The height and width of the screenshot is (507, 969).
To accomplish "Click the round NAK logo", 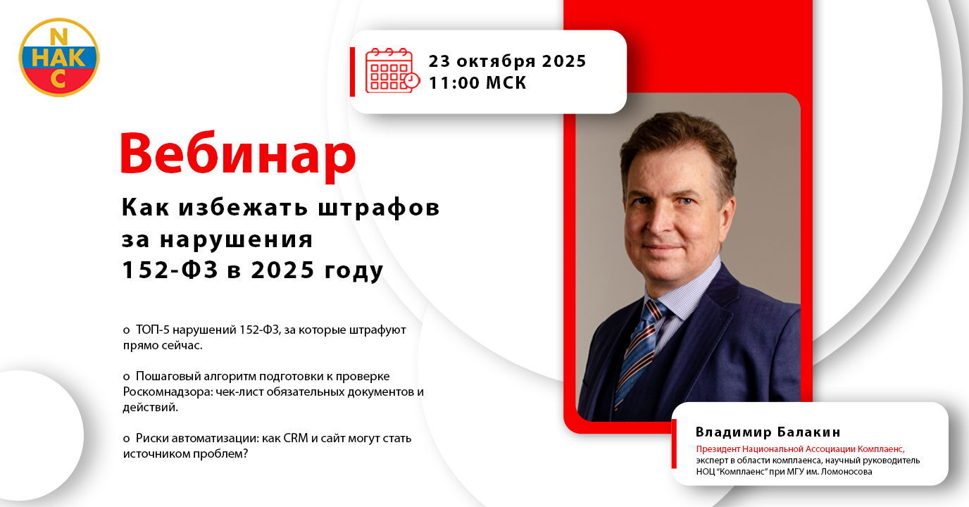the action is [59, 57].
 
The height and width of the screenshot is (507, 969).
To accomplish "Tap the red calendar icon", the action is [392, 70].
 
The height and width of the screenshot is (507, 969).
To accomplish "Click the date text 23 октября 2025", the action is [507, 61].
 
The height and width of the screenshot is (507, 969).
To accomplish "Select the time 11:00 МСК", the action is [477, 82].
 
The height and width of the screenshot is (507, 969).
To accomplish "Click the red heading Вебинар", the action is [238, 154].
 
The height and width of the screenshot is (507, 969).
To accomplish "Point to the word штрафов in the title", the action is [379, 207].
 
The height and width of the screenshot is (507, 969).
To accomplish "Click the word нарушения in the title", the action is [236, 240].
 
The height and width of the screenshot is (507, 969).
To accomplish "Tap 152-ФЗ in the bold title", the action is [170, 270].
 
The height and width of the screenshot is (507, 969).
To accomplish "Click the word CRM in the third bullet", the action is [296, 438].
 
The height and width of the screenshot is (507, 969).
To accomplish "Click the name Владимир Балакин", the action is [768, 432].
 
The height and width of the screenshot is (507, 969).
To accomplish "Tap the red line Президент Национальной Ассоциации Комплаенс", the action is [800, 449].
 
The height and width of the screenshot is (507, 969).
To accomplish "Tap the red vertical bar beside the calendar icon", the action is [353, 72].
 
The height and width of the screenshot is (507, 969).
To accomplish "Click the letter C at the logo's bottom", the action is [58, 79].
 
